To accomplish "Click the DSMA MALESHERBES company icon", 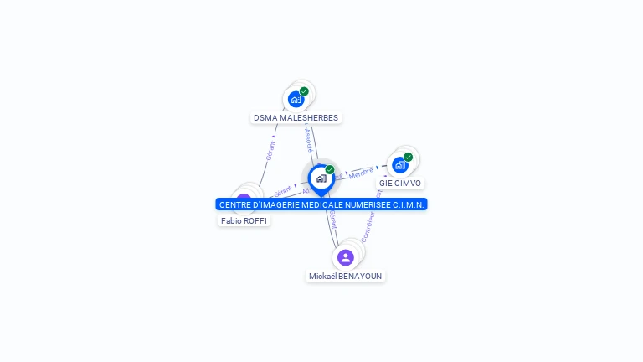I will tap(296, 99).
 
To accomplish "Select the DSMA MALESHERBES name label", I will tap(296, 118).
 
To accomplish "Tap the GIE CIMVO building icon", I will tap(399, 164).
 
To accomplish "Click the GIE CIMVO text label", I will tap(400, 183).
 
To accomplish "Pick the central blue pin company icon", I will tap(321, 178).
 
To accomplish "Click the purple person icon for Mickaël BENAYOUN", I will tap(345, 257).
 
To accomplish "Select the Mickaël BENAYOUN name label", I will tap(345, 276).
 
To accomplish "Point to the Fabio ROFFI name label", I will tap(244, 220).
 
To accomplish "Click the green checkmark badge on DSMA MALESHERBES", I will tap(304, 91).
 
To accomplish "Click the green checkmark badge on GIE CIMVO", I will tap(408, 157).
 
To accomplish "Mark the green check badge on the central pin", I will tap(330, 170).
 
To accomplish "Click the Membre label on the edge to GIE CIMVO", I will tap(361, 173).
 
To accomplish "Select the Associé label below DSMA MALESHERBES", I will tap(308, 140).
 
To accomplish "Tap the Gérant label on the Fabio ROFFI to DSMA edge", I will tap(270, 151).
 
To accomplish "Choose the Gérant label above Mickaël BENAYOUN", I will tap(333, 220).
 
